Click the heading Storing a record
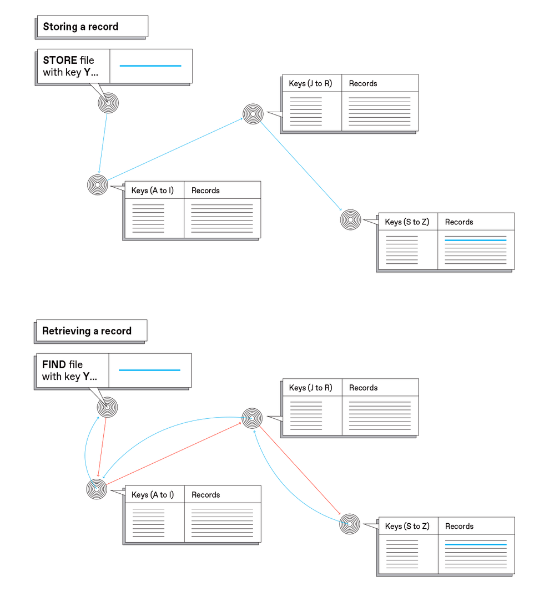(80, 27)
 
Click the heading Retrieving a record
(87, 331)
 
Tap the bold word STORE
(60, 60)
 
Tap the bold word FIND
(54, 365)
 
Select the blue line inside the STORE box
(150, 66)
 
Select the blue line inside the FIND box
(149, 370)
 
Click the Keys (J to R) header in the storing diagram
(310, 83)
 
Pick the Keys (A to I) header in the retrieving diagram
(153, 495)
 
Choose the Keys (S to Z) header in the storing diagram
(407, 222)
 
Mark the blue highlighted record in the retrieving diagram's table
(476, 545)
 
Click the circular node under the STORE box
(108, 103)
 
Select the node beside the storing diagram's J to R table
(253, 114)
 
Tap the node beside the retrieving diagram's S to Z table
(350, 523)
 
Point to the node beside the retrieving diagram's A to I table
(97, 489)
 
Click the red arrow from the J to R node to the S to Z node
(300, 469)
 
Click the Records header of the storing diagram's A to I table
(205, 191)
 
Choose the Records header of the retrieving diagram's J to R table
(363, 388)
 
